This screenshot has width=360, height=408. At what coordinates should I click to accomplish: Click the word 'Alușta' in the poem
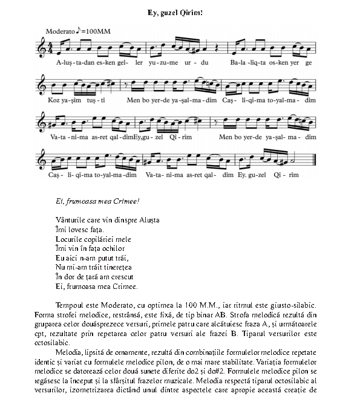coord(148,219)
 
